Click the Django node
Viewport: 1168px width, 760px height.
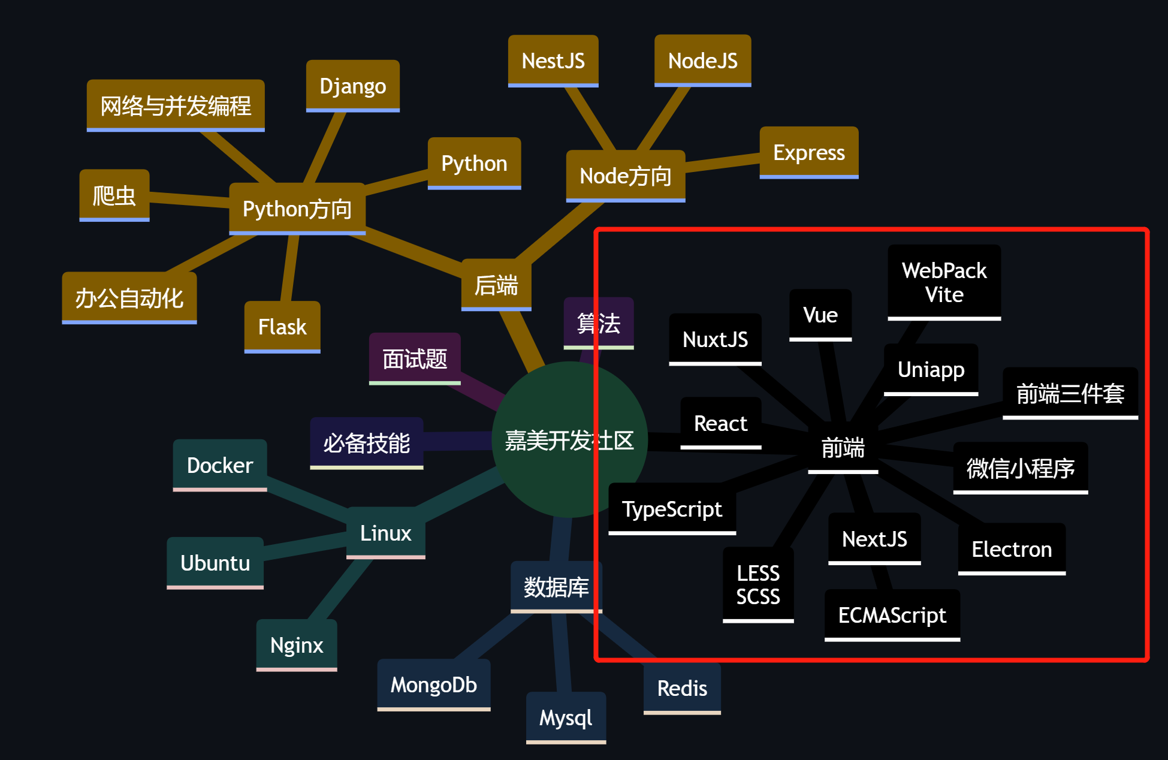[x=352, y=86]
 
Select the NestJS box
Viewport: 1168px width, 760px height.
[x=553, y=61]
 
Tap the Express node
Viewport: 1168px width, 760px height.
[x=808, y=152]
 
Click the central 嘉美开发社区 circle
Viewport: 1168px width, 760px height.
[x=569, y=439]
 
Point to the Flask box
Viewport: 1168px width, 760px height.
[x=282, y=327]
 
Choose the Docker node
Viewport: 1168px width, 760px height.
[x=220, y=465]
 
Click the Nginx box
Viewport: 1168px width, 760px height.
[x=296, y=645]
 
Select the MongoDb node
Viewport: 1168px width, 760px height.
[x=433, y=684]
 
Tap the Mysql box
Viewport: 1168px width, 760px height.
[x=566, y=717]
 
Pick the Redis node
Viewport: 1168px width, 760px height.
[x=682, y=688]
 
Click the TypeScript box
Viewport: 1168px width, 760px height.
[x=672, y=509]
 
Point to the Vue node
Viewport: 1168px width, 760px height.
[x=820, y=315]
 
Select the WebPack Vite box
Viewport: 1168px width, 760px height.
[x=944, y=282]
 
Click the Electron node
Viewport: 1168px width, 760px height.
[x=1012, y=549]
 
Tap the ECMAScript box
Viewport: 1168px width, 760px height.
[x=892, y=615]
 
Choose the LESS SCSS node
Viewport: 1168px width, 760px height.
[x=758, y=584]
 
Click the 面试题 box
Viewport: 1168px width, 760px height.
[x=415, y=359]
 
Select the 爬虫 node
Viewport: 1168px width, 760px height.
[x=114, y=195]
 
